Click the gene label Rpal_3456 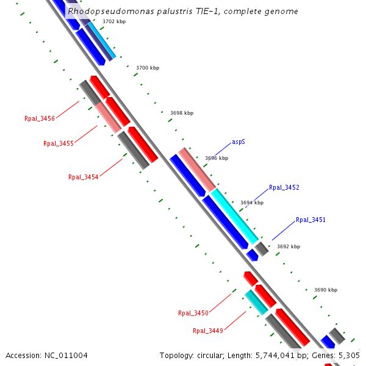(40, 118)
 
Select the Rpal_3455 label (59, 144)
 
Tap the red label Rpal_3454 (84, 177)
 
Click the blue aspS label (239, 142)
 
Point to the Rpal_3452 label (284, 188)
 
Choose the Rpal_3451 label (310, 220)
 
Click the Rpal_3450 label (193, 313)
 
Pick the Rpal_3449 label (208, 331)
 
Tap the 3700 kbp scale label (148, 68)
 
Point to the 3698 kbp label (181, 113)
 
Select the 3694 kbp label (252, 203)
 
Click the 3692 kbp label (289, 247)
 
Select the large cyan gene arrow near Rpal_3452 (235, 216)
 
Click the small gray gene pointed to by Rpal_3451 (262, 248)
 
